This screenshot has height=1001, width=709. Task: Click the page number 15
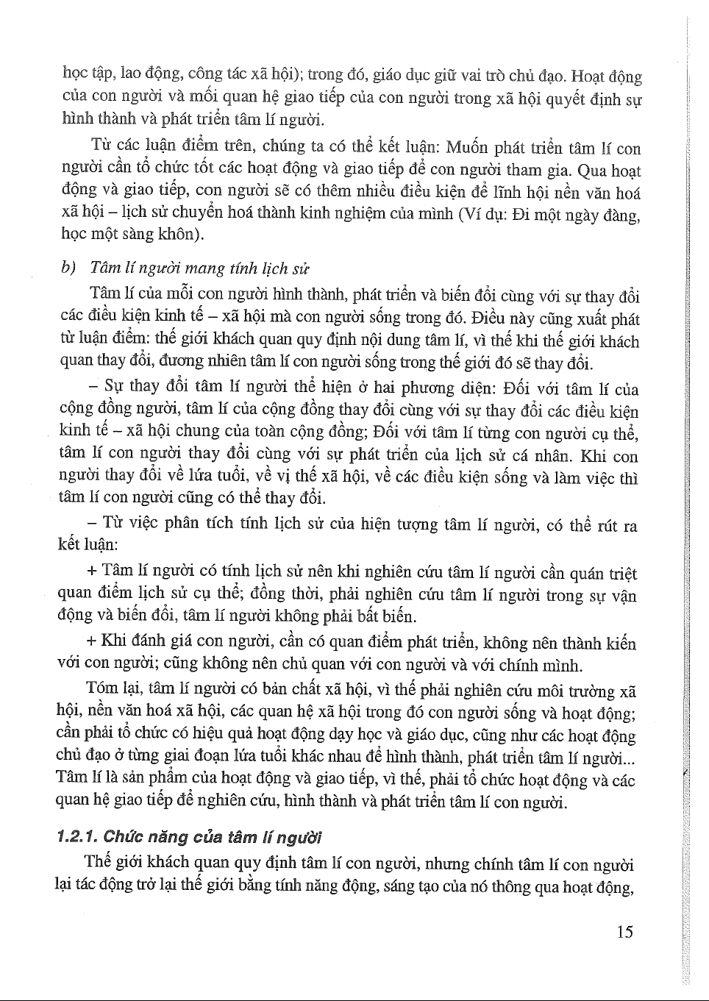[624, 932]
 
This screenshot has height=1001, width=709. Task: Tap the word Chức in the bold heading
[122, 837]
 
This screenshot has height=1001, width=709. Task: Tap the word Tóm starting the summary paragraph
[101, 690]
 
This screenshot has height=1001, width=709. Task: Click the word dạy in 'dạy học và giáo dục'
[379, 735]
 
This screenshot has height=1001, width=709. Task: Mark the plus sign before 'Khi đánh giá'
[91, 640]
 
